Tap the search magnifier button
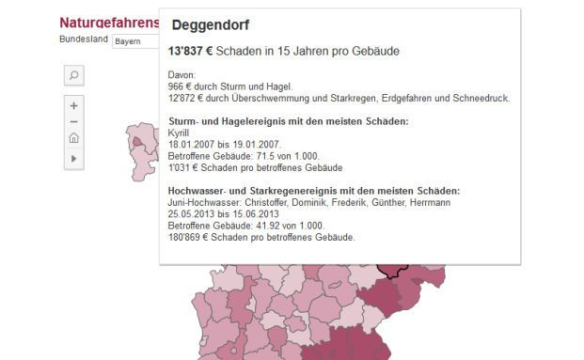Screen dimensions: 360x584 [74, 75]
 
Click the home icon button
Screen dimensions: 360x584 [74, 139]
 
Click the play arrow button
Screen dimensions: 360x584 [74, 159]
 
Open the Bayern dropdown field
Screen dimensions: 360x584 [134, 41]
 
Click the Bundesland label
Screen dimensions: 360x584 [83, 41]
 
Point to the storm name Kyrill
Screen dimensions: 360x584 [178, 133]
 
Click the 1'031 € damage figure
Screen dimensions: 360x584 [183, 167]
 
